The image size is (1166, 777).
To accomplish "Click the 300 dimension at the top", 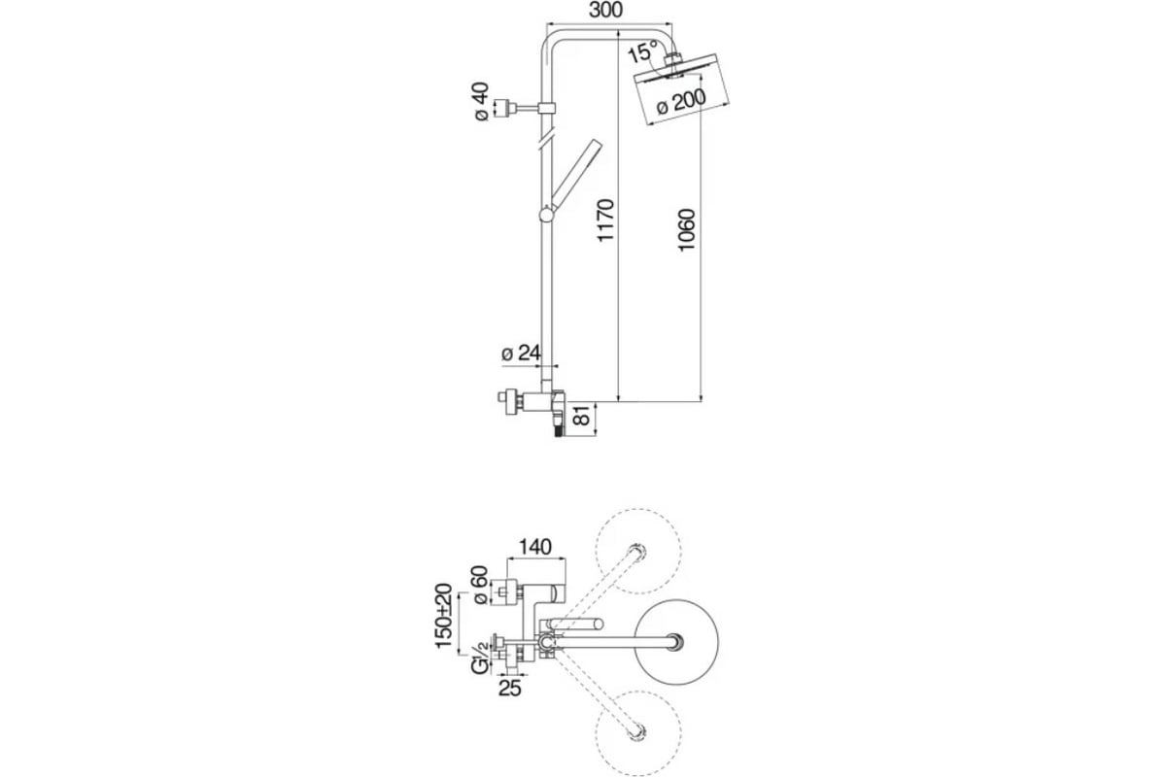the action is tap(605, 10).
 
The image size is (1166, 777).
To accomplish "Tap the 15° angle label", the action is tap(643, 52).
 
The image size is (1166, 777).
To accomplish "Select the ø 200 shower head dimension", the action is tap(681, 101).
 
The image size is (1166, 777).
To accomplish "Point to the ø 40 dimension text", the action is tap(482, 101).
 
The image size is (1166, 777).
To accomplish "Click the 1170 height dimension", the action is tap(605, 220).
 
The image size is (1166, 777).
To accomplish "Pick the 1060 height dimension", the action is tap(686, 230).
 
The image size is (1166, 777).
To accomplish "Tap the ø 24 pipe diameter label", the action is tap(521, 353).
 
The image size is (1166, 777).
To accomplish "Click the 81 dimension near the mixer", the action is tap(582, 416).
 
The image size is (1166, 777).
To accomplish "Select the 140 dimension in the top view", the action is tap(535, 547).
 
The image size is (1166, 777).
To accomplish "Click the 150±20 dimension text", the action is tap(443, 616).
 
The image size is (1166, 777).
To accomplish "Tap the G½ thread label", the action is tap(480, 659).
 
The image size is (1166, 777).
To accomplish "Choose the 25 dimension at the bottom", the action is tap(509, 689).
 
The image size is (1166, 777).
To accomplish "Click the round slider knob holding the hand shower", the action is tap(547, 215).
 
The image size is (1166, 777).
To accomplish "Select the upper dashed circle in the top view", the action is tap(638, 551).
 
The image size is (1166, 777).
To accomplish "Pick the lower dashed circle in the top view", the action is tap(638, 733).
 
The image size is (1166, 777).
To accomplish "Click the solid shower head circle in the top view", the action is tap(676, 642).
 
